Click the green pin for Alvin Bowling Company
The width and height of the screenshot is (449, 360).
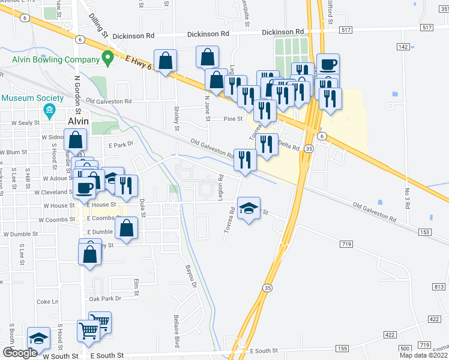click(108, 59)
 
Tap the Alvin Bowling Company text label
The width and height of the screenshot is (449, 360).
click(56, 60)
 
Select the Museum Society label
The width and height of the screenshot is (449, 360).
click(32, 98)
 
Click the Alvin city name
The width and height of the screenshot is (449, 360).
click(77, 121)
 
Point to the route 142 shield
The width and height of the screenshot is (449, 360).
click(403, 46)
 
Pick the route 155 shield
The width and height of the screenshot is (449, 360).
click(342, 349)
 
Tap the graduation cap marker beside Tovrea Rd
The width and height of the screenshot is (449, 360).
click(249, 208)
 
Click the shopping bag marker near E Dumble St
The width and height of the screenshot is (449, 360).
click(127, 228)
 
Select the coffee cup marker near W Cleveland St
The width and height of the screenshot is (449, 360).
click(83, 188)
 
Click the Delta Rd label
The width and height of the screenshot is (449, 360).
click(288, 145)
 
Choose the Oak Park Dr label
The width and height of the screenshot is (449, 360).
click(105, 298)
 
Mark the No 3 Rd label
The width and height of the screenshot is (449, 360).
click(407, 198)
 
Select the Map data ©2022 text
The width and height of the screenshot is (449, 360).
click(424, 355)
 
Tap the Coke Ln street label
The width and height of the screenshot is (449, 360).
click(47, 301)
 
